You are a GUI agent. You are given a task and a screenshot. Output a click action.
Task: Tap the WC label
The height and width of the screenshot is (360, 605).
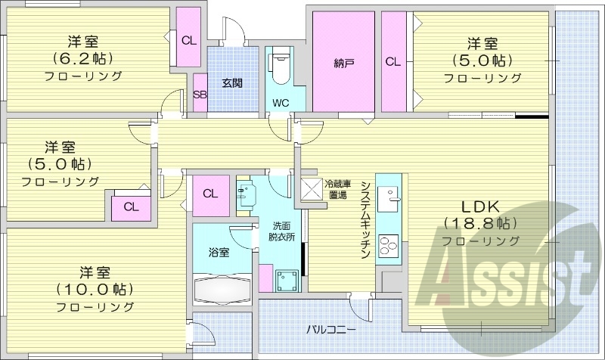278,102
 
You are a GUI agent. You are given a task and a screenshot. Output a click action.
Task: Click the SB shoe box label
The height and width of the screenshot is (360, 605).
200,95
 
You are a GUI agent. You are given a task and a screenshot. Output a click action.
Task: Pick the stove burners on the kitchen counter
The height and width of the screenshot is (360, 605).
388,247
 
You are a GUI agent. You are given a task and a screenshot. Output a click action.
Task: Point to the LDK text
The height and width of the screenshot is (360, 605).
480,205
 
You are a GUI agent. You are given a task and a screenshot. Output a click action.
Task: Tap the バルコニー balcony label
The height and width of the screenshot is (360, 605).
331,329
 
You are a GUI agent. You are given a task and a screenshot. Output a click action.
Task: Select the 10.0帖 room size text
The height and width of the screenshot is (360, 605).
95,289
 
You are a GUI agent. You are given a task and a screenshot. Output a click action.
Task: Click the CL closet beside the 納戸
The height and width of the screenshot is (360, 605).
392,62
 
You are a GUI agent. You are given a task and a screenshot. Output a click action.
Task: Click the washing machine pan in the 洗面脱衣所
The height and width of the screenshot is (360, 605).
287,281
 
